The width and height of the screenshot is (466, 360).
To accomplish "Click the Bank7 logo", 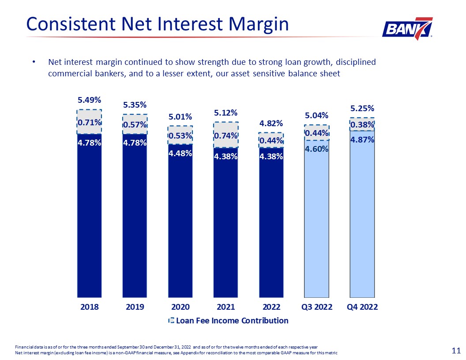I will pos(406,29).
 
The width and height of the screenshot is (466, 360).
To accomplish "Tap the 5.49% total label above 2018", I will pos(90,100).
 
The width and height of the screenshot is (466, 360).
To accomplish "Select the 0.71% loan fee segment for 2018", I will pos(90,122).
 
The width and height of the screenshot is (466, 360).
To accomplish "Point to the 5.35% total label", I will pos(135,105).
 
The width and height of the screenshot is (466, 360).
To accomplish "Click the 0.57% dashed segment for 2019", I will pos(135,125).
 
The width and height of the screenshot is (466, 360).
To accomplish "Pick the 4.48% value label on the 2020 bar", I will pos(180,153).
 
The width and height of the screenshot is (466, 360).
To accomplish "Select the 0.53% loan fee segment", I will pos(180,135).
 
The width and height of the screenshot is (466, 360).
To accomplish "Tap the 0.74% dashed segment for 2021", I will pos(226,135).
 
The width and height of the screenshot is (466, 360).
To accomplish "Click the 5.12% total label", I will pos(226,113).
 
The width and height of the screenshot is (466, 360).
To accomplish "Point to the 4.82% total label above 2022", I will pos(271,123).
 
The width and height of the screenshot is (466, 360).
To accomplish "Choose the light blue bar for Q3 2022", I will pos(317,221).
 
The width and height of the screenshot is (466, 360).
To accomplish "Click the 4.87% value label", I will pos(362,140).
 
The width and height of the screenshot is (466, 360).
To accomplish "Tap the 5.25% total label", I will pos(362,108).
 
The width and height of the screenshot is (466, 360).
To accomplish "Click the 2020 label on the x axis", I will pos(180,307).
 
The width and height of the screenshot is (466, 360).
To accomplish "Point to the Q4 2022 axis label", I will pos(362,307).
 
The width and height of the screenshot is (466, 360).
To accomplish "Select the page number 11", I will pos(457,351).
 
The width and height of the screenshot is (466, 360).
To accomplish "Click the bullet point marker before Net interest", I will pos(33,62).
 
